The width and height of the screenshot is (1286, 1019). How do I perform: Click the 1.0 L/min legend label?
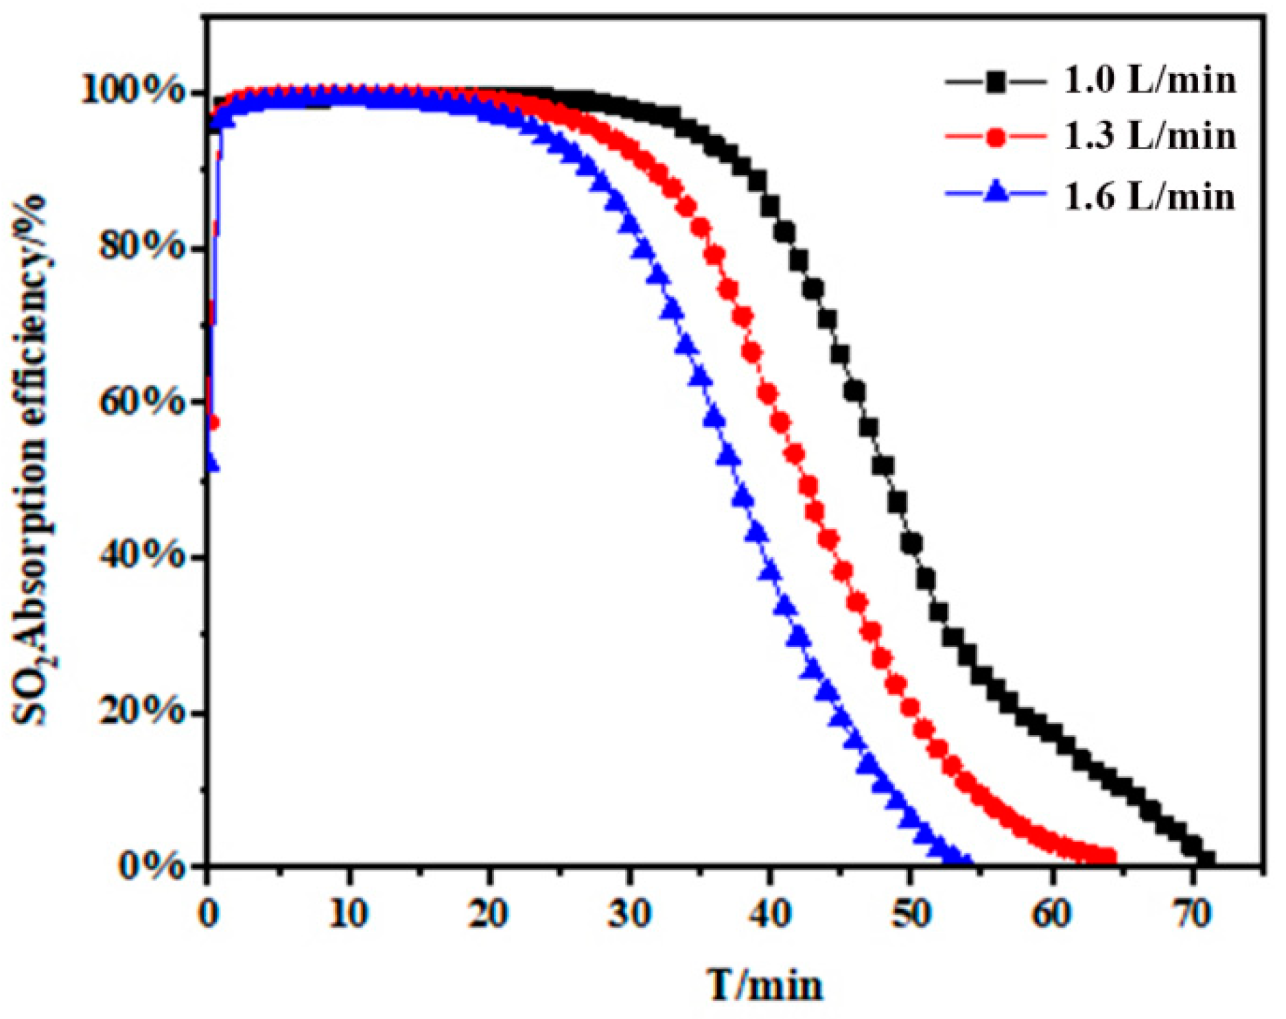coord(1149,80)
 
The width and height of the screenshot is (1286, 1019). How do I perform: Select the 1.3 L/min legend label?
coord(1149,137)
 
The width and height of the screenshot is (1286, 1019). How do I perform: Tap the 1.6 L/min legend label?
coord(1149,197)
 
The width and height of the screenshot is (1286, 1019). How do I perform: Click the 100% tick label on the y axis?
coord(133,91)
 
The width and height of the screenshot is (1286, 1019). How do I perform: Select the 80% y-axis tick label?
coord(143,246)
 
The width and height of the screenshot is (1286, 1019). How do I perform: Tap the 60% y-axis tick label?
coord(143,401)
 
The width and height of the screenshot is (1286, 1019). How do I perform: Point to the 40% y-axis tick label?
coord(143,556)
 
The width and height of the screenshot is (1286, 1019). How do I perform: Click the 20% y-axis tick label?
coord(143,712)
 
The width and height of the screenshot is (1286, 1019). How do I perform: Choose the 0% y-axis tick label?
coord(152,866)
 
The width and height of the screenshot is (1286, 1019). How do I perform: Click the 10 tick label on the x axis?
coord(349,913)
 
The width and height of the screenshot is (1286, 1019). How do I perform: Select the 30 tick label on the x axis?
coord(629,913)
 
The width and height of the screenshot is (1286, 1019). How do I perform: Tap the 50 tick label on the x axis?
coord(911,913)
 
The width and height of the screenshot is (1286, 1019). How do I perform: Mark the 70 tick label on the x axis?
coord(1192,913)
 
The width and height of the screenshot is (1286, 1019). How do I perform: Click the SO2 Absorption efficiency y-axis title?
coord(31,460)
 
